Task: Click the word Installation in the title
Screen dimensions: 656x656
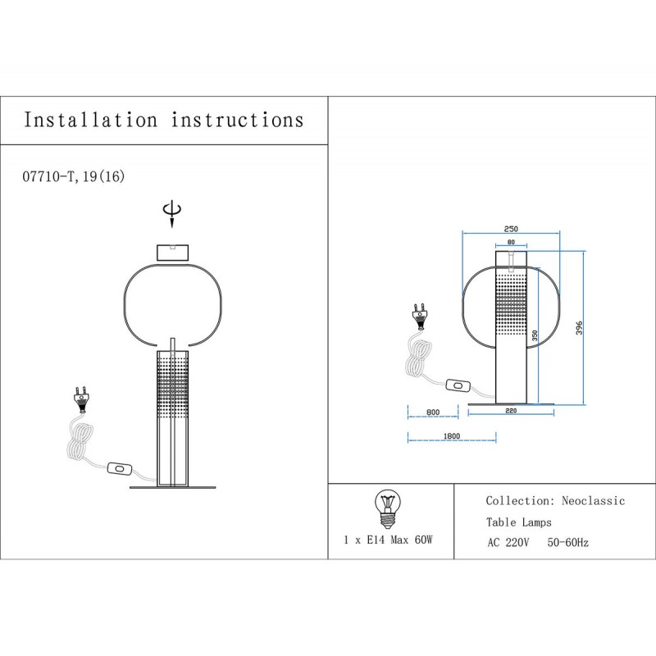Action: [90, 120]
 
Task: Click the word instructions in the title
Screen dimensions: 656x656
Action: [237, 120]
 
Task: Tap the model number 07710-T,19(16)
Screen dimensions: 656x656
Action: [74, 177]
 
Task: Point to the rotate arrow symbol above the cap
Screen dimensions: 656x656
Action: [172, 214]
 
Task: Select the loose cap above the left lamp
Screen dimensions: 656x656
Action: [172, 253]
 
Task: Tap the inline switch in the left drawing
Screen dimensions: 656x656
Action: [120, 468]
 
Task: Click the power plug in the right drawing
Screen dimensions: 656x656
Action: [420, 315]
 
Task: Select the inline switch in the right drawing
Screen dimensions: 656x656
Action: [458, 385]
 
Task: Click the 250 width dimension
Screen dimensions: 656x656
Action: [511, 229]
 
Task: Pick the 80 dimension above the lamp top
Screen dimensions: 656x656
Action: [511, 242]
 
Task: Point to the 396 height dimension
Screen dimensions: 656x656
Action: [579, 328]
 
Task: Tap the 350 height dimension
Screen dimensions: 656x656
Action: [535, 335]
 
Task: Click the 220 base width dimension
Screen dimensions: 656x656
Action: [511, 411]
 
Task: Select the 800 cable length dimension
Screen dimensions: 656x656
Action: [433, 412]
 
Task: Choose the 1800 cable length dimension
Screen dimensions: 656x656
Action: [452, 436]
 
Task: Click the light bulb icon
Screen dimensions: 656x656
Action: [387, 508]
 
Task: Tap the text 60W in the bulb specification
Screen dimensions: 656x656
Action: [423, 540]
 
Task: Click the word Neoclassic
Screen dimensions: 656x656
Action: [593, 501]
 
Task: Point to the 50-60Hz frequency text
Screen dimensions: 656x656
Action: [567, 543]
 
